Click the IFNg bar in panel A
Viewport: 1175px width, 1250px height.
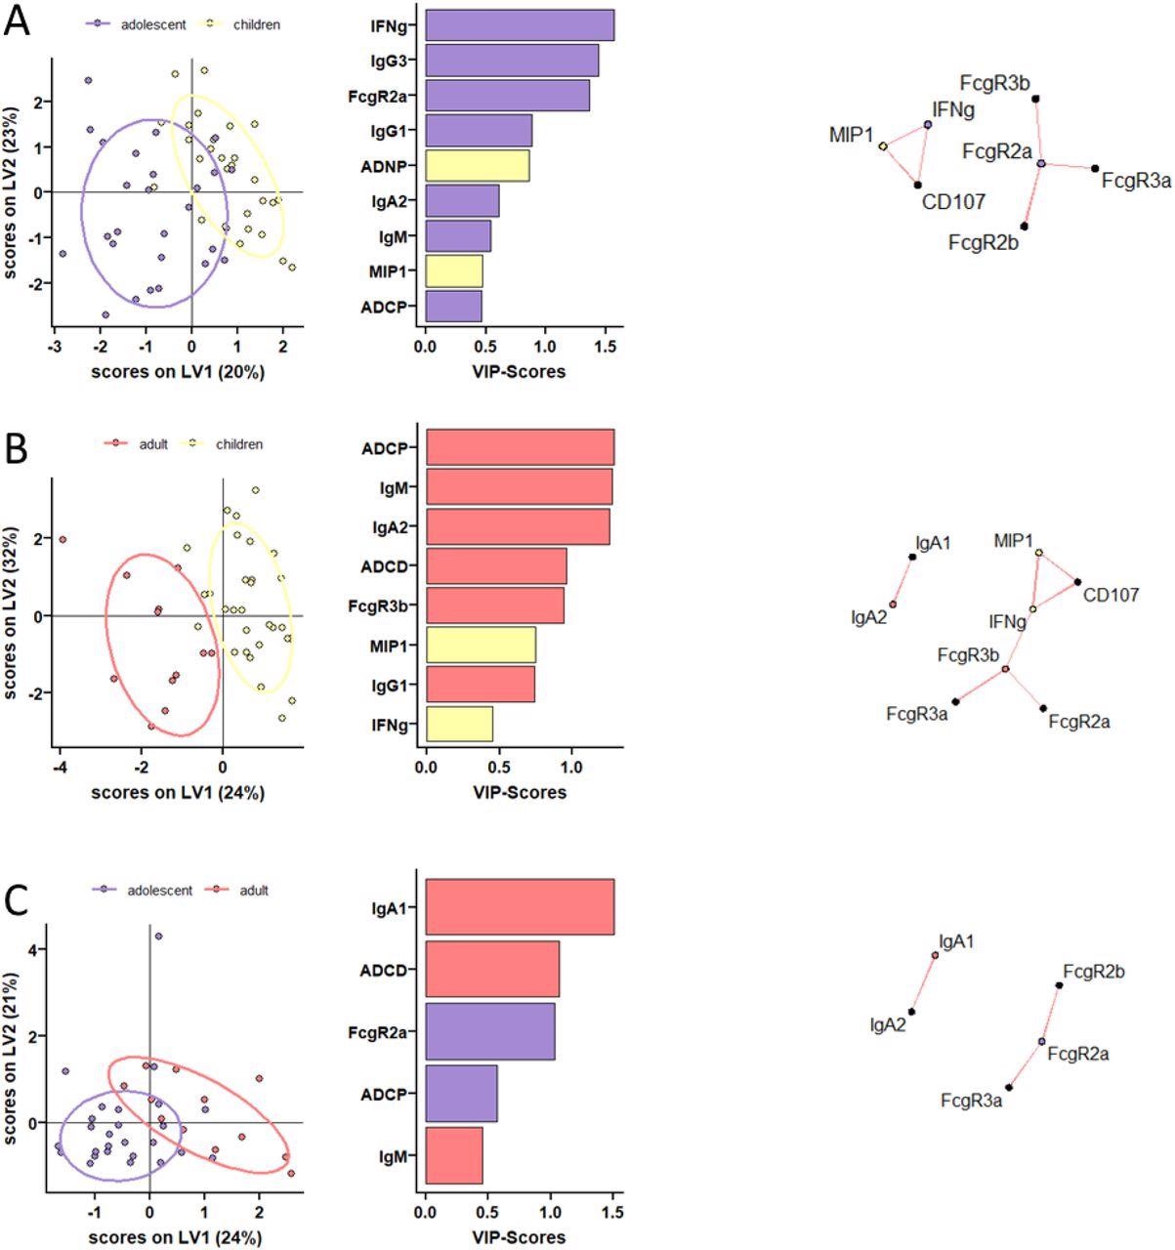coord(519,25)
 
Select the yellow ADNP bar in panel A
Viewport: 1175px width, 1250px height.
coord(477,166)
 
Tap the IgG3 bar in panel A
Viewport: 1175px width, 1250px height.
coord(511,61)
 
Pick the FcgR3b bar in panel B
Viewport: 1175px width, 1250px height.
coord(494,605)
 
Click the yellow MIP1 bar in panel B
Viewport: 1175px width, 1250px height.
coord(481,645)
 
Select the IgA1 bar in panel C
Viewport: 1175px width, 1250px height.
coord(519,907)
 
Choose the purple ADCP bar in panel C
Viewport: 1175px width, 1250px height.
coord(461,1094)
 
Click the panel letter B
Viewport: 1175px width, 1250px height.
coord(17,450)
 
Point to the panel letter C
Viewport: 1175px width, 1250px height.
coord(17,901)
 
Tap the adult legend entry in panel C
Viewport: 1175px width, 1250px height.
coord(253,890)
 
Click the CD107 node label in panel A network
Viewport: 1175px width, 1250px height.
coord(953,202)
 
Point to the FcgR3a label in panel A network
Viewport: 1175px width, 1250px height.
coord(1136,180)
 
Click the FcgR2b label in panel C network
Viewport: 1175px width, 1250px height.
coord(1094,972)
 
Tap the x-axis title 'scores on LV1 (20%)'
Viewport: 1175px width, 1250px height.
coord(177,371)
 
